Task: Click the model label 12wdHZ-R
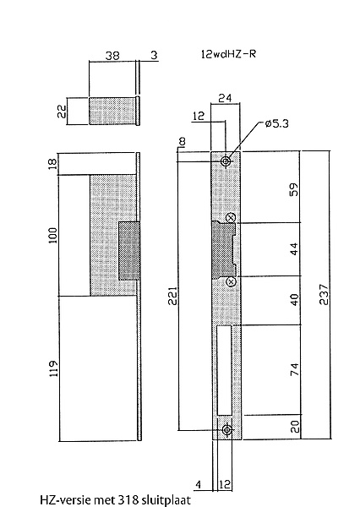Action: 228,54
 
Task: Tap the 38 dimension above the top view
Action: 112,56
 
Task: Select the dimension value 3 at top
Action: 154,55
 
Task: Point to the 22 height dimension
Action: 62,112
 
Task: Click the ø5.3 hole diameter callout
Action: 276,123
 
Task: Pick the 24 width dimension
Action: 225,98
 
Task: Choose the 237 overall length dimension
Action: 324,295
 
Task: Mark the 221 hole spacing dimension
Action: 172,296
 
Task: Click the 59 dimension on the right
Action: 294,189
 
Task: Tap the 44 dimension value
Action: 294,248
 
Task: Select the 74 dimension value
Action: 295,369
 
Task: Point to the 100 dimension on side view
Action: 52,236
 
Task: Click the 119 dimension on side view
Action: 53,368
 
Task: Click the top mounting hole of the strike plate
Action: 226,161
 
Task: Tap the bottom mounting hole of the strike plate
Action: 227,430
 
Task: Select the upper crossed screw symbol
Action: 231,218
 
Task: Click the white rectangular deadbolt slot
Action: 225,370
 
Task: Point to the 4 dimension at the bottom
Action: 199,485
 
